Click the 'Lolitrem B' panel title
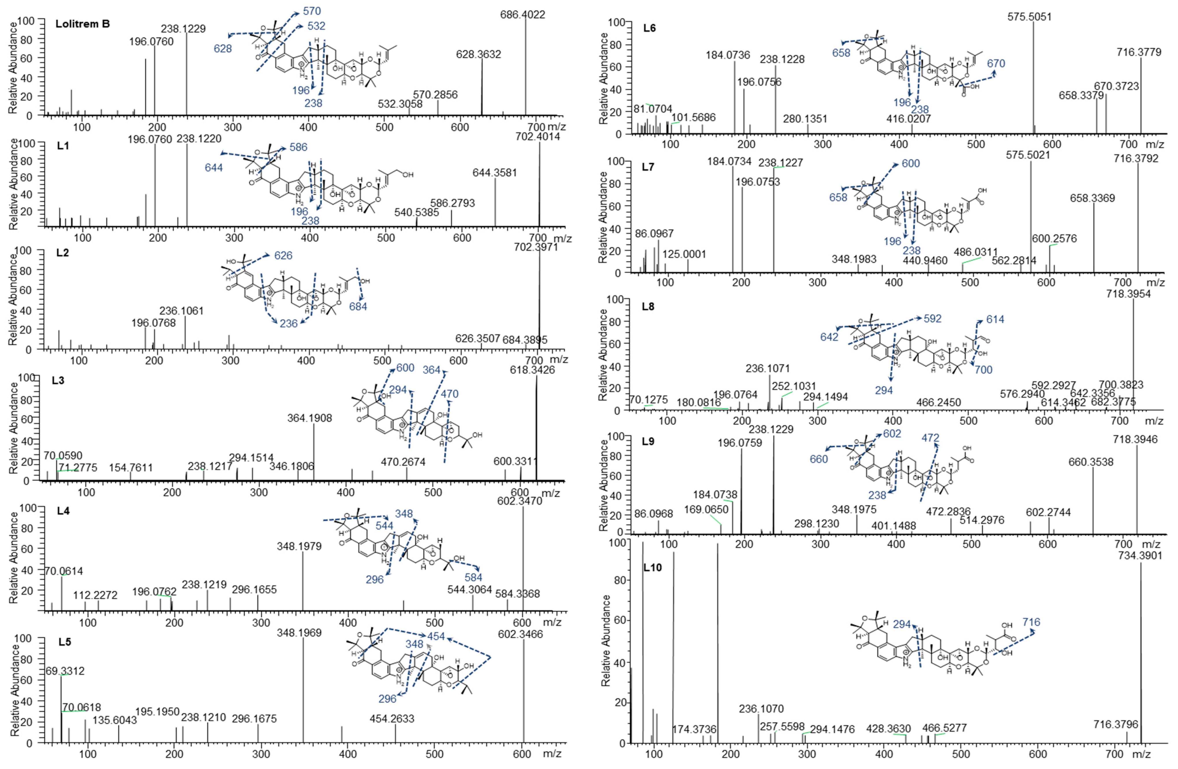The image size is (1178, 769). tap(83, 24)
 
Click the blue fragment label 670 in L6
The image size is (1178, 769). tap(996, 63)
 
